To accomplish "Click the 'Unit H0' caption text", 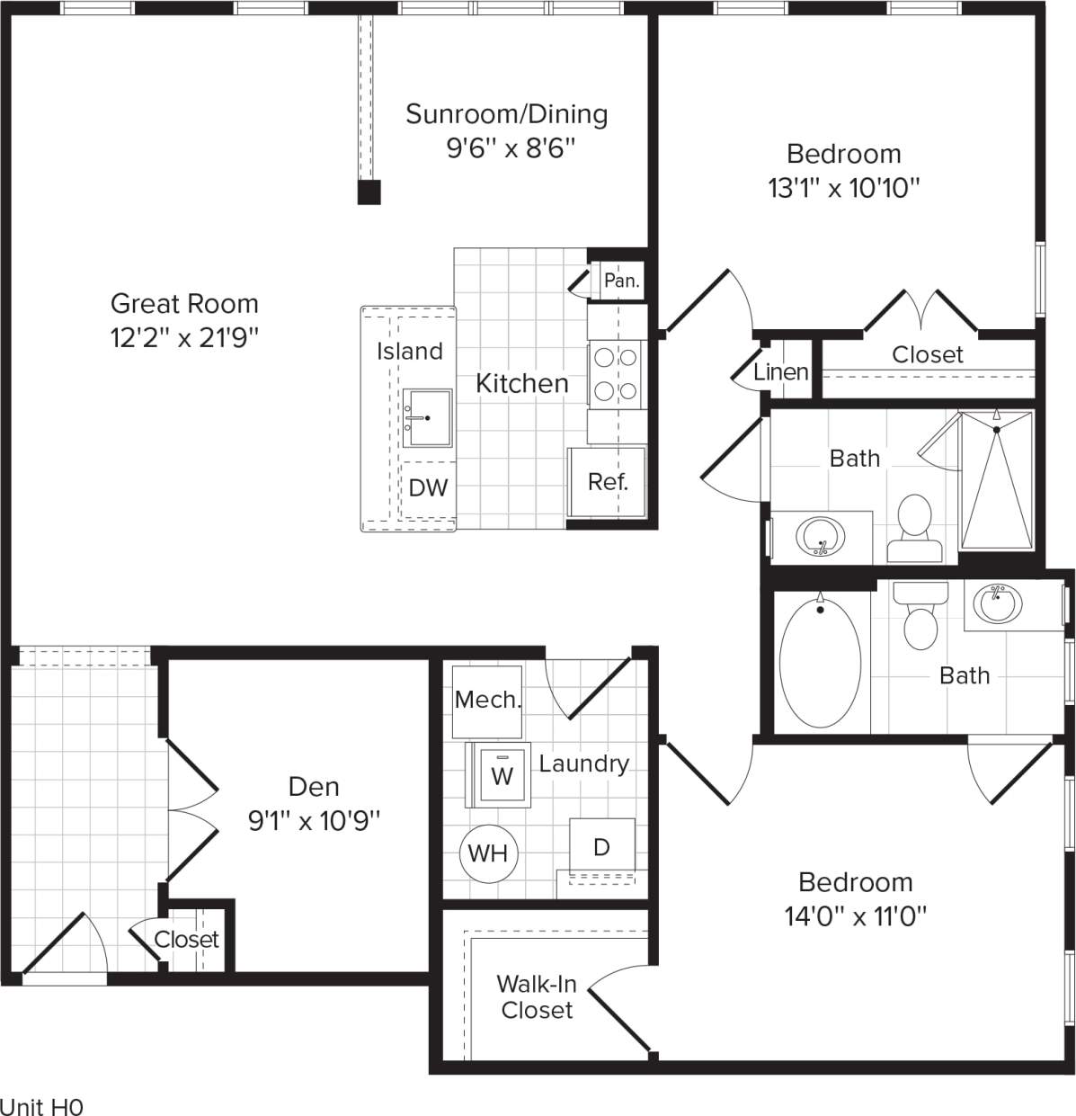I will coord(41,1106).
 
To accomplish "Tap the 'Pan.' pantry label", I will coord(621,281).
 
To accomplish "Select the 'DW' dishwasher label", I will coord(428,487).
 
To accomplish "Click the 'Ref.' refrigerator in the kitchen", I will coord(607,482).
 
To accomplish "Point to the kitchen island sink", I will coord(427,417).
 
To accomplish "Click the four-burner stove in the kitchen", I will coord(616,375).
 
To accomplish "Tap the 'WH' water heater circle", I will coord(488,853).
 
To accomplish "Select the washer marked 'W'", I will coord(502,774).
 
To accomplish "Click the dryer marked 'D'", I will coord(601,846).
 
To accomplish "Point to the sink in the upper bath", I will coord(820,538).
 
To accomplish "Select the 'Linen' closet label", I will coord(780,371).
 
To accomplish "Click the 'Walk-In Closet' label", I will coord(537,996).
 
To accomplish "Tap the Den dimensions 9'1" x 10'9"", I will coord(315,820).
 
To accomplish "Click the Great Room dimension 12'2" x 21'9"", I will coord(184,338).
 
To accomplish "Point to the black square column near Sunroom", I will coord(369,192).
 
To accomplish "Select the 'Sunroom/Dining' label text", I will coord(506,114).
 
